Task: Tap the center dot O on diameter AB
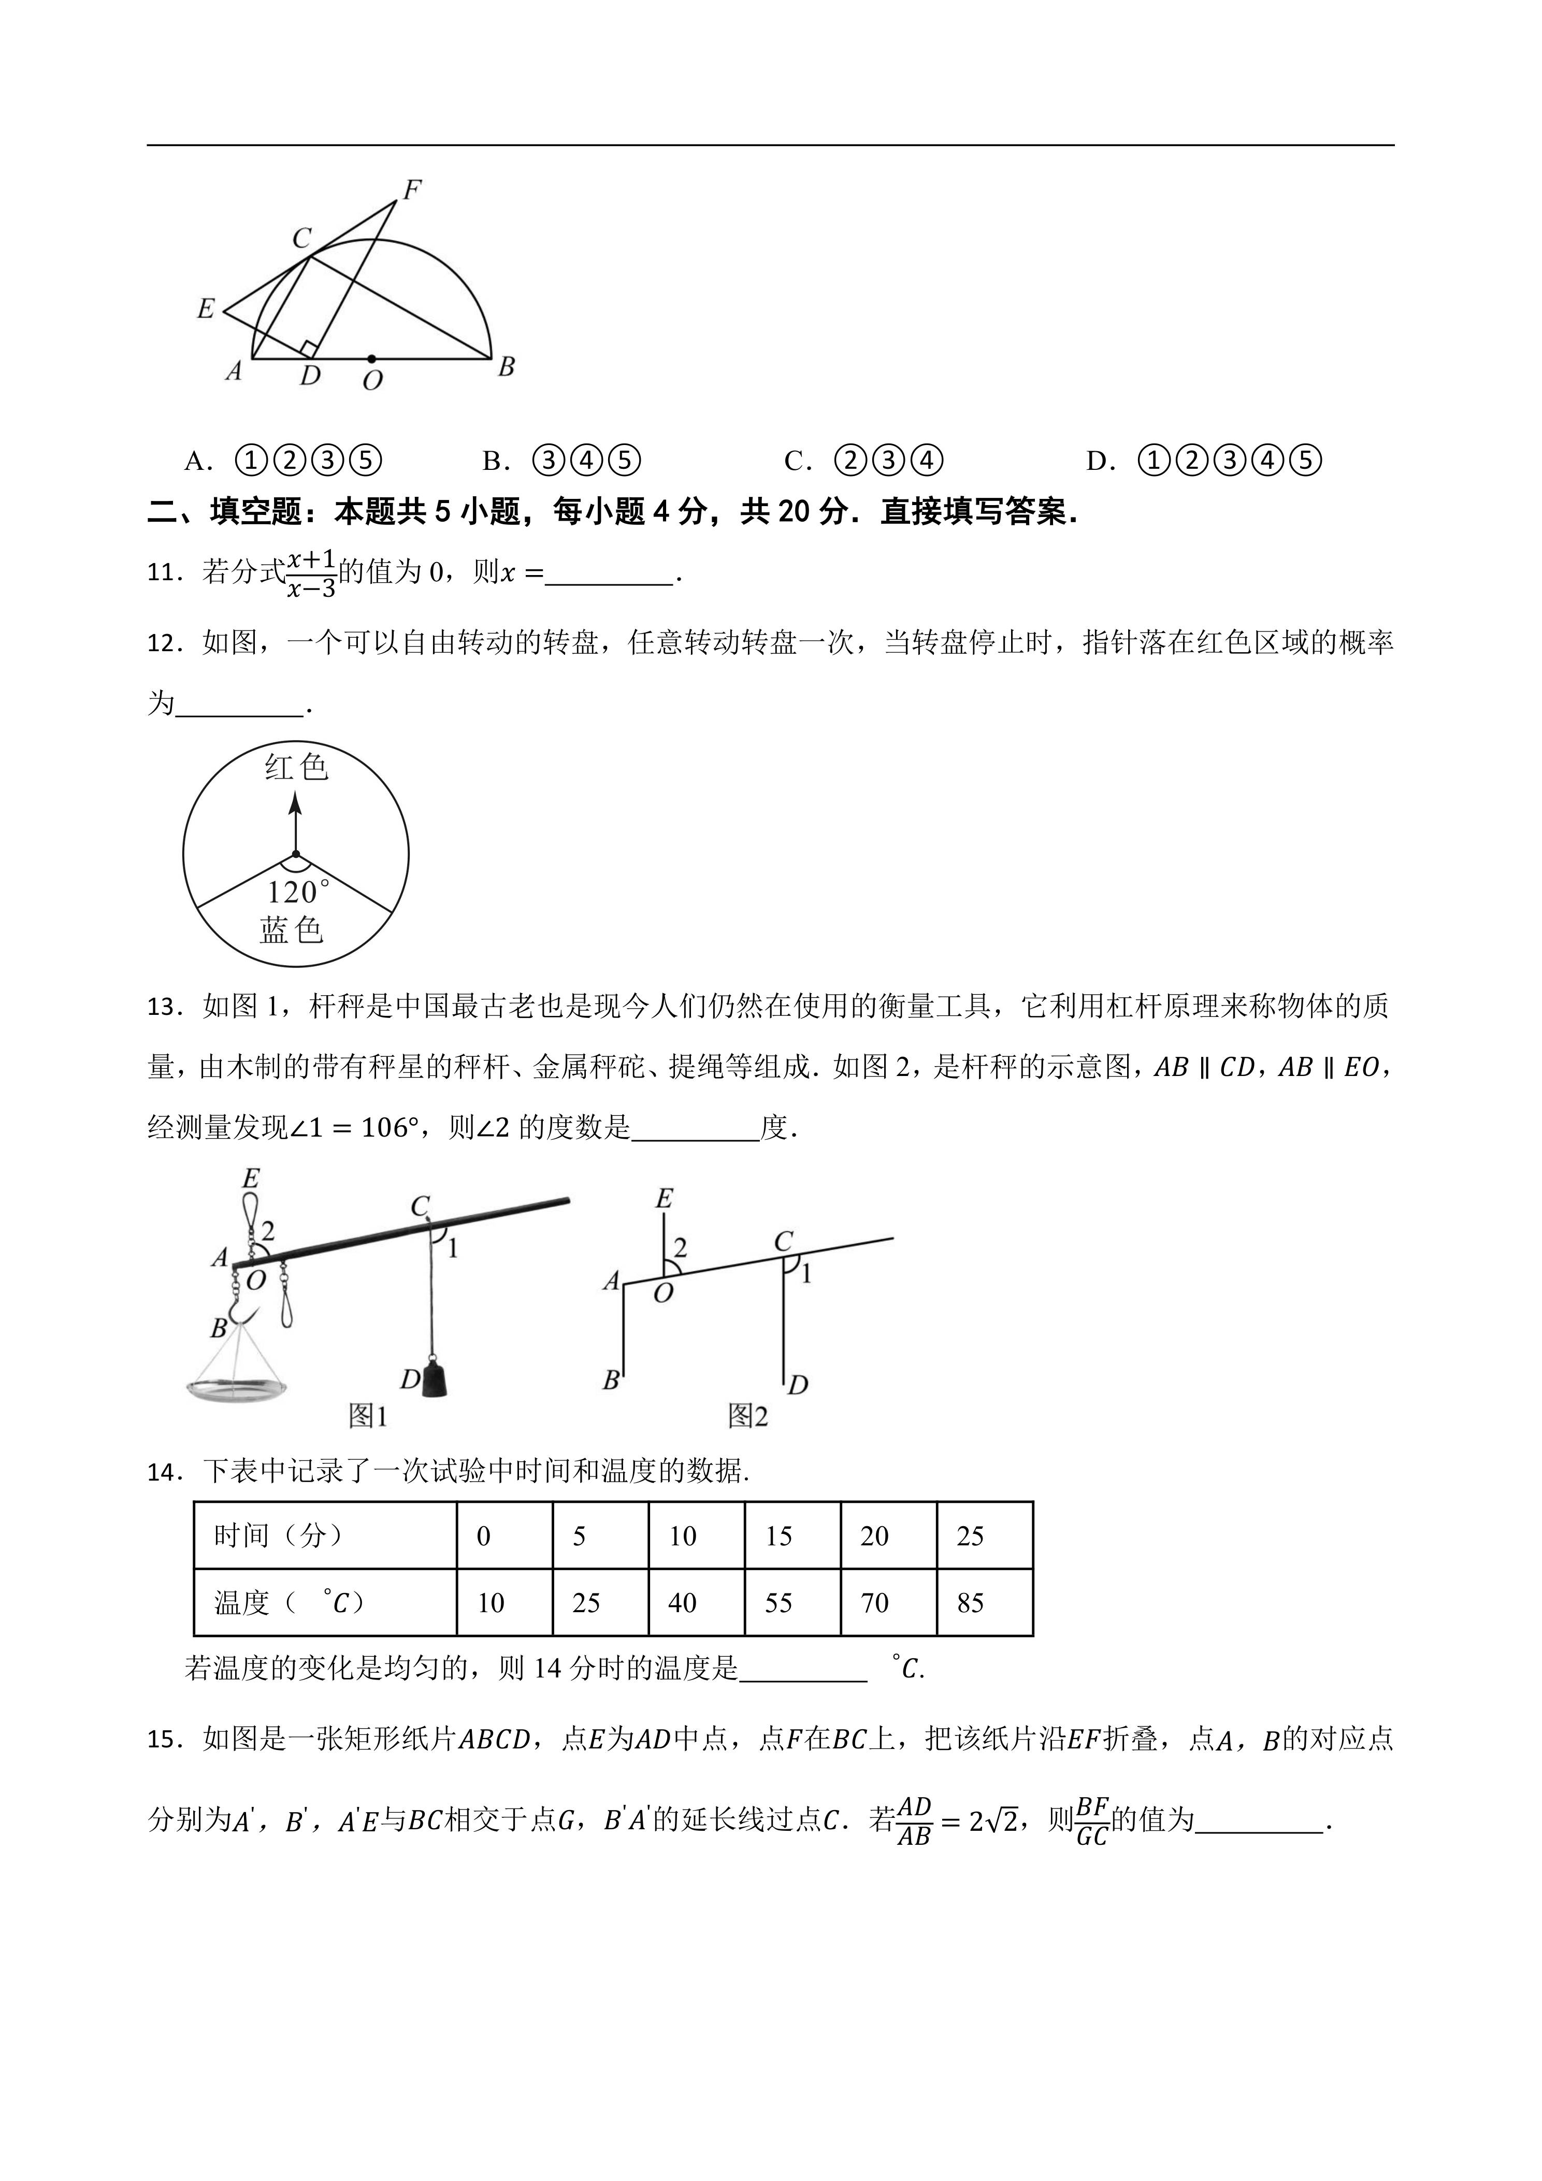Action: (x=371, y=359)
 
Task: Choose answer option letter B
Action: (x=493, y=462)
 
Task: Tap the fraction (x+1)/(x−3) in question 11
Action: (x=311, y=574)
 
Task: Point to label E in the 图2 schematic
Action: (x=664, y=1199)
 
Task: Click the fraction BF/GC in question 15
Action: (x=1092, y=1821)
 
